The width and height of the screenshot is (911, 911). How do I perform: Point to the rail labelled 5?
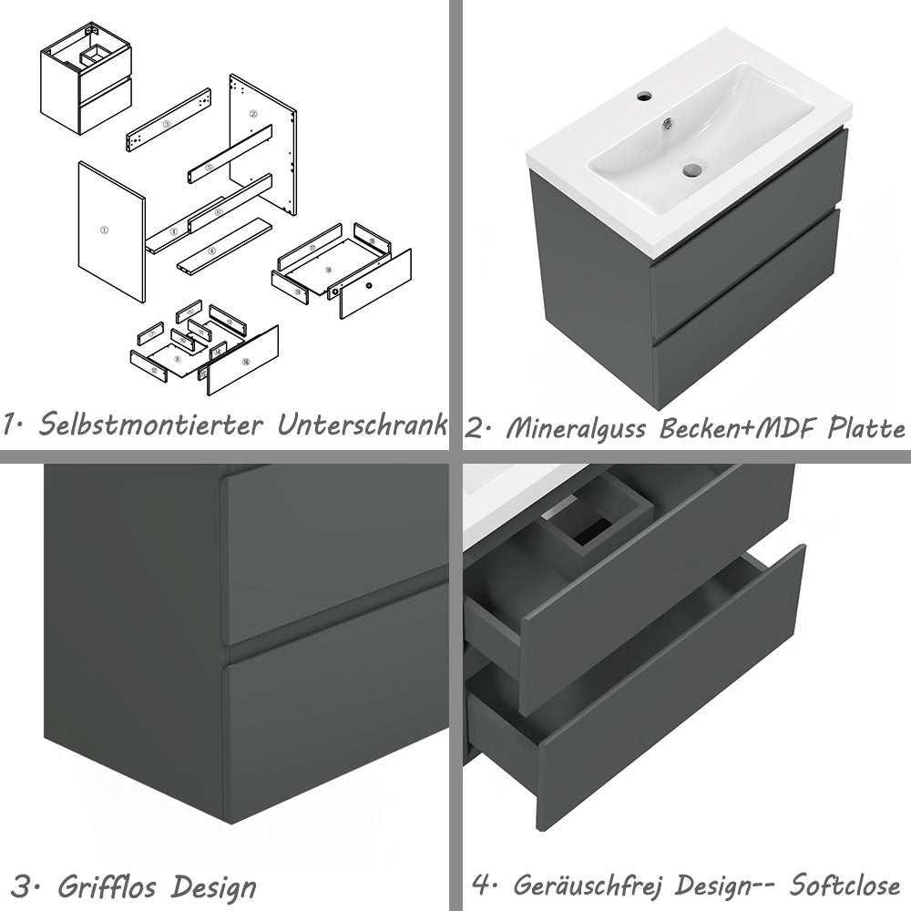pos(209,167)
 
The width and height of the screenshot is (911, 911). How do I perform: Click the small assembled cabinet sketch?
pos(86,77)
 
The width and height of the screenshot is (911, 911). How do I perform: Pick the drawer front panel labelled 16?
pos(244,361)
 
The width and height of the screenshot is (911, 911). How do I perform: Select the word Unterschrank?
pos(363,425)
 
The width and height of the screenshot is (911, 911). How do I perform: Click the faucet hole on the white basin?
pos(645,95)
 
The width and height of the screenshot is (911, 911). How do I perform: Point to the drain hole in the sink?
pos(693,169)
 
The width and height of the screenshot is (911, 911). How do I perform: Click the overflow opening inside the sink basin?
pos(670,120)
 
